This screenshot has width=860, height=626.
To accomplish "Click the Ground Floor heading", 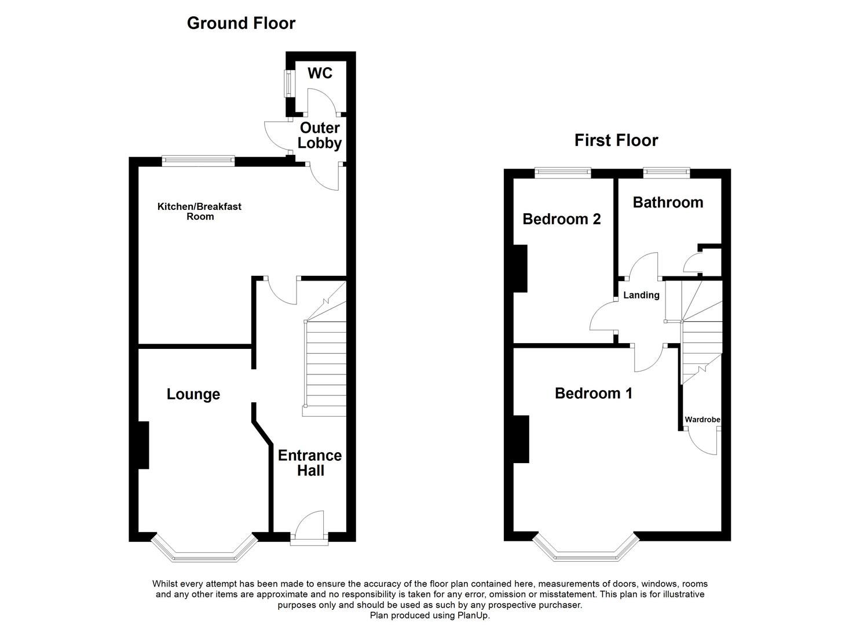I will (241, 23).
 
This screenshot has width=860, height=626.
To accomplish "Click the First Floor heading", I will (616, 141).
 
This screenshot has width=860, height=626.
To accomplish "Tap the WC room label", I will (320, 73).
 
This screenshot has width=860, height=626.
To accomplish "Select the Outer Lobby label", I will (319, 136).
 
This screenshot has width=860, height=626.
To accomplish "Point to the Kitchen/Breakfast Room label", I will (199, 212).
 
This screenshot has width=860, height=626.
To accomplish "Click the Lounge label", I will (193, 395).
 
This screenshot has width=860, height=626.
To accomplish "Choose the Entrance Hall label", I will (310, 463).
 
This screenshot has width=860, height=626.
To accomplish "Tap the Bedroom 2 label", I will (561, 219).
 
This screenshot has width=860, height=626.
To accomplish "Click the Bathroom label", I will (668, 202).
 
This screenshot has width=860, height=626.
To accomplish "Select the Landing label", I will (641, 296).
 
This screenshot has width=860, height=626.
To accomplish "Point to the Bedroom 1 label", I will (593, 394).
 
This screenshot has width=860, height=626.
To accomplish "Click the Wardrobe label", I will (702, 420).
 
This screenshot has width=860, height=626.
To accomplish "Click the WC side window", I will (286, 84).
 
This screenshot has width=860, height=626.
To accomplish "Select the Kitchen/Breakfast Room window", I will (198, 161).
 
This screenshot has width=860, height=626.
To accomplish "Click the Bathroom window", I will (667, 173).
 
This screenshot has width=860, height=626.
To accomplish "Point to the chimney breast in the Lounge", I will (144, 445).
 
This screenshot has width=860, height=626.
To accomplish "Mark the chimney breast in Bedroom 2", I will (521, 268).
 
